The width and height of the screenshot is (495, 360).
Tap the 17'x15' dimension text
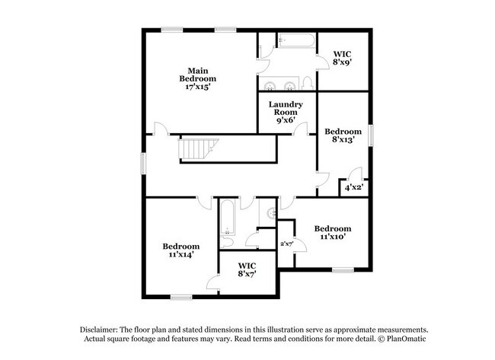(197, 87)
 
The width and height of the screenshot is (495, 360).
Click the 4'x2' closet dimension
(353, 186)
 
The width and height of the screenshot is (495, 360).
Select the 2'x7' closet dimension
(287, 244)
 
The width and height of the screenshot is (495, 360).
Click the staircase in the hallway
(200, 149)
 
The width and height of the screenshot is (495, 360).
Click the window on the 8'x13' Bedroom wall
(372, 134)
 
